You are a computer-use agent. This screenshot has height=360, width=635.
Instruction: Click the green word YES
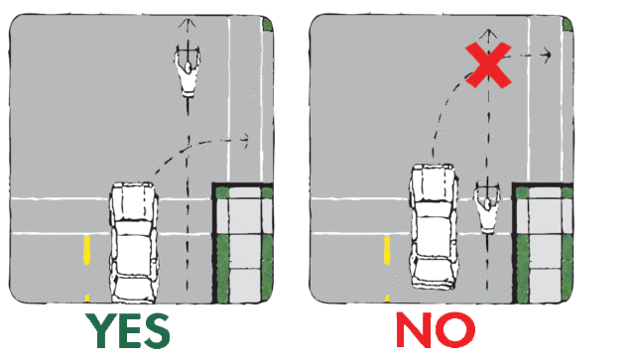[127, 330]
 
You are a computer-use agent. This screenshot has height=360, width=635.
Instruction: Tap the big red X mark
[488, 65]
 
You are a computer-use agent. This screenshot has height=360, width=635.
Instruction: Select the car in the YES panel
[134, 242]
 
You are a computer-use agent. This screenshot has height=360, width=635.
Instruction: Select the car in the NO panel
[434, 226]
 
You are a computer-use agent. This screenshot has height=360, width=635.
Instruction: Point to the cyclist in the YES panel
[188, 70]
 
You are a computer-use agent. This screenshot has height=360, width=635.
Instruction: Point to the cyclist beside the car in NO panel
[487, 207]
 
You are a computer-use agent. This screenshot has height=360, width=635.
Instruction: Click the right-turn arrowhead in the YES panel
[245, 141]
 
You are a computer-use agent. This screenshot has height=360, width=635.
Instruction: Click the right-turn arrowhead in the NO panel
[548, 55]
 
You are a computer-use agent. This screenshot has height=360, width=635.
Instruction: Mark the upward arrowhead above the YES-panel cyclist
[188, 23]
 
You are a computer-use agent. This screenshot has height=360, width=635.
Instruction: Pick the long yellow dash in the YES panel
[86, 250]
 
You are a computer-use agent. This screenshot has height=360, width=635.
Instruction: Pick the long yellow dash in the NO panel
[387, 250]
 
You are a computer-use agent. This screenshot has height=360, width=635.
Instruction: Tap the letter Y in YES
[99, 330]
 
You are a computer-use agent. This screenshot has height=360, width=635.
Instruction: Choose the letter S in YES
[156, 330]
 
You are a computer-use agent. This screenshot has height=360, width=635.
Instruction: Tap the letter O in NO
[456, 330]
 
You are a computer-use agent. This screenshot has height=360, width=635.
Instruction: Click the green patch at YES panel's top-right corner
[267, 24]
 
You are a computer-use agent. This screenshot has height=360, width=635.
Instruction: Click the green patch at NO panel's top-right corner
[568, 24]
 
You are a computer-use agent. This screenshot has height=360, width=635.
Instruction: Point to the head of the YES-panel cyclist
[188, 67]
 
